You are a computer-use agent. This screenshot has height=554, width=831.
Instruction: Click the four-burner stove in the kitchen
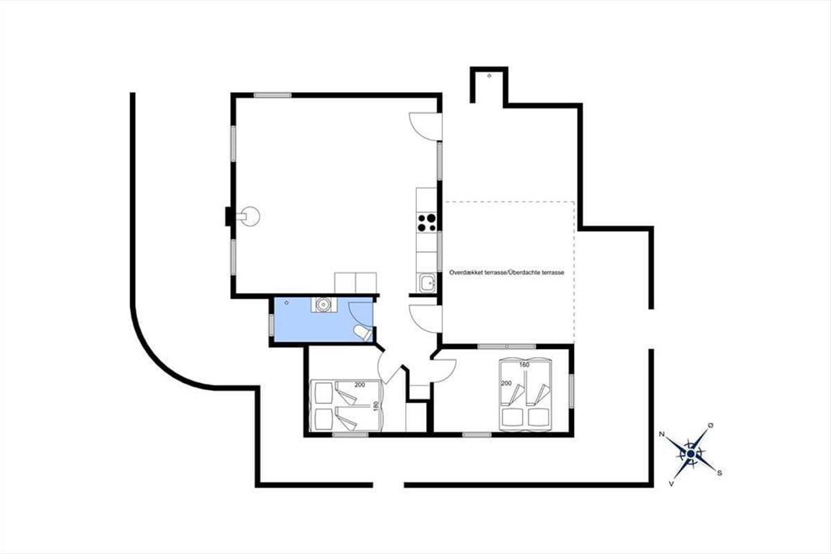427,223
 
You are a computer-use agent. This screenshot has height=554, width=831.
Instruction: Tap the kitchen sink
428,283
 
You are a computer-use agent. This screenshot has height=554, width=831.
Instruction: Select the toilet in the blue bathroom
363,333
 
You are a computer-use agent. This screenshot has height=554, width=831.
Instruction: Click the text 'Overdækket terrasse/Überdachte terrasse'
506,272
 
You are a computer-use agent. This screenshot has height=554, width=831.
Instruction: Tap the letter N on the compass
661,434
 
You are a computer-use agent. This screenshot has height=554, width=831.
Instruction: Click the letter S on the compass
720,473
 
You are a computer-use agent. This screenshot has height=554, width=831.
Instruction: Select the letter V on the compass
671,484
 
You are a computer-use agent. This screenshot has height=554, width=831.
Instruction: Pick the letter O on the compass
711,425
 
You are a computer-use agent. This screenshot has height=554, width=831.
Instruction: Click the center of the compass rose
690,454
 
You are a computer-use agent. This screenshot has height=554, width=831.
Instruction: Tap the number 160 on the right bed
524,365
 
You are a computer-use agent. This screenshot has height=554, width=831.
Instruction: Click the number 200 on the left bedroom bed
359,385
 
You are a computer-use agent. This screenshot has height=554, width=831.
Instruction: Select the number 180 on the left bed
377,406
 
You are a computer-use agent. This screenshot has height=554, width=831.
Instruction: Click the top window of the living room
272,96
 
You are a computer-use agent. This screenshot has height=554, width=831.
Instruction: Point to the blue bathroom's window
271,325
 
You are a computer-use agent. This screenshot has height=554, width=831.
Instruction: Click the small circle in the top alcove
490,75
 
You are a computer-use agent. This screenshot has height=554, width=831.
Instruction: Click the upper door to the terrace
425,127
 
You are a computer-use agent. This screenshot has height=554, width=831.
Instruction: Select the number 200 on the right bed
506,384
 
